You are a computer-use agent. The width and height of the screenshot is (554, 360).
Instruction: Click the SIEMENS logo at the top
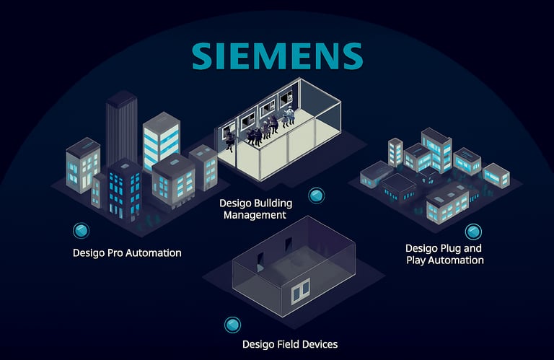(277, 55)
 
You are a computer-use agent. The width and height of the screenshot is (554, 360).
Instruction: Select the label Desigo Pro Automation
(127, 253)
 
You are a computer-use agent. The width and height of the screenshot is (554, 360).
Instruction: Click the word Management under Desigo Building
(255, 215)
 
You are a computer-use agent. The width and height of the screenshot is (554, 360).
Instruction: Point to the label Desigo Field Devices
(290, 344)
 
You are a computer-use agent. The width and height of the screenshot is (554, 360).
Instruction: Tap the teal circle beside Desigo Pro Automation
(82, 230)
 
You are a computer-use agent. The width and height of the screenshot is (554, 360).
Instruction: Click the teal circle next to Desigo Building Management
(315, 196)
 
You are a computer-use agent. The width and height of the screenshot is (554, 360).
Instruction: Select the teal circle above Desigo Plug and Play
(473, 231)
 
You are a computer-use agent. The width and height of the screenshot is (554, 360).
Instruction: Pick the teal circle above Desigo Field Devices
(232, 325)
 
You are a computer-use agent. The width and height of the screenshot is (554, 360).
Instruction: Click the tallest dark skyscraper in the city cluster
(121, 126)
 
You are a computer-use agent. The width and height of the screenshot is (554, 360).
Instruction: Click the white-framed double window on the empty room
(300, 291)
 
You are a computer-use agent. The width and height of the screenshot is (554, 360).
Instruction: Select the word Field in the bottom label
(287, 344)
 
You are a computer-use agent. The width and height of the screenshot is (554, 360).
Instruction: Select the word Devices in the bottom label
(319, 344)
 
